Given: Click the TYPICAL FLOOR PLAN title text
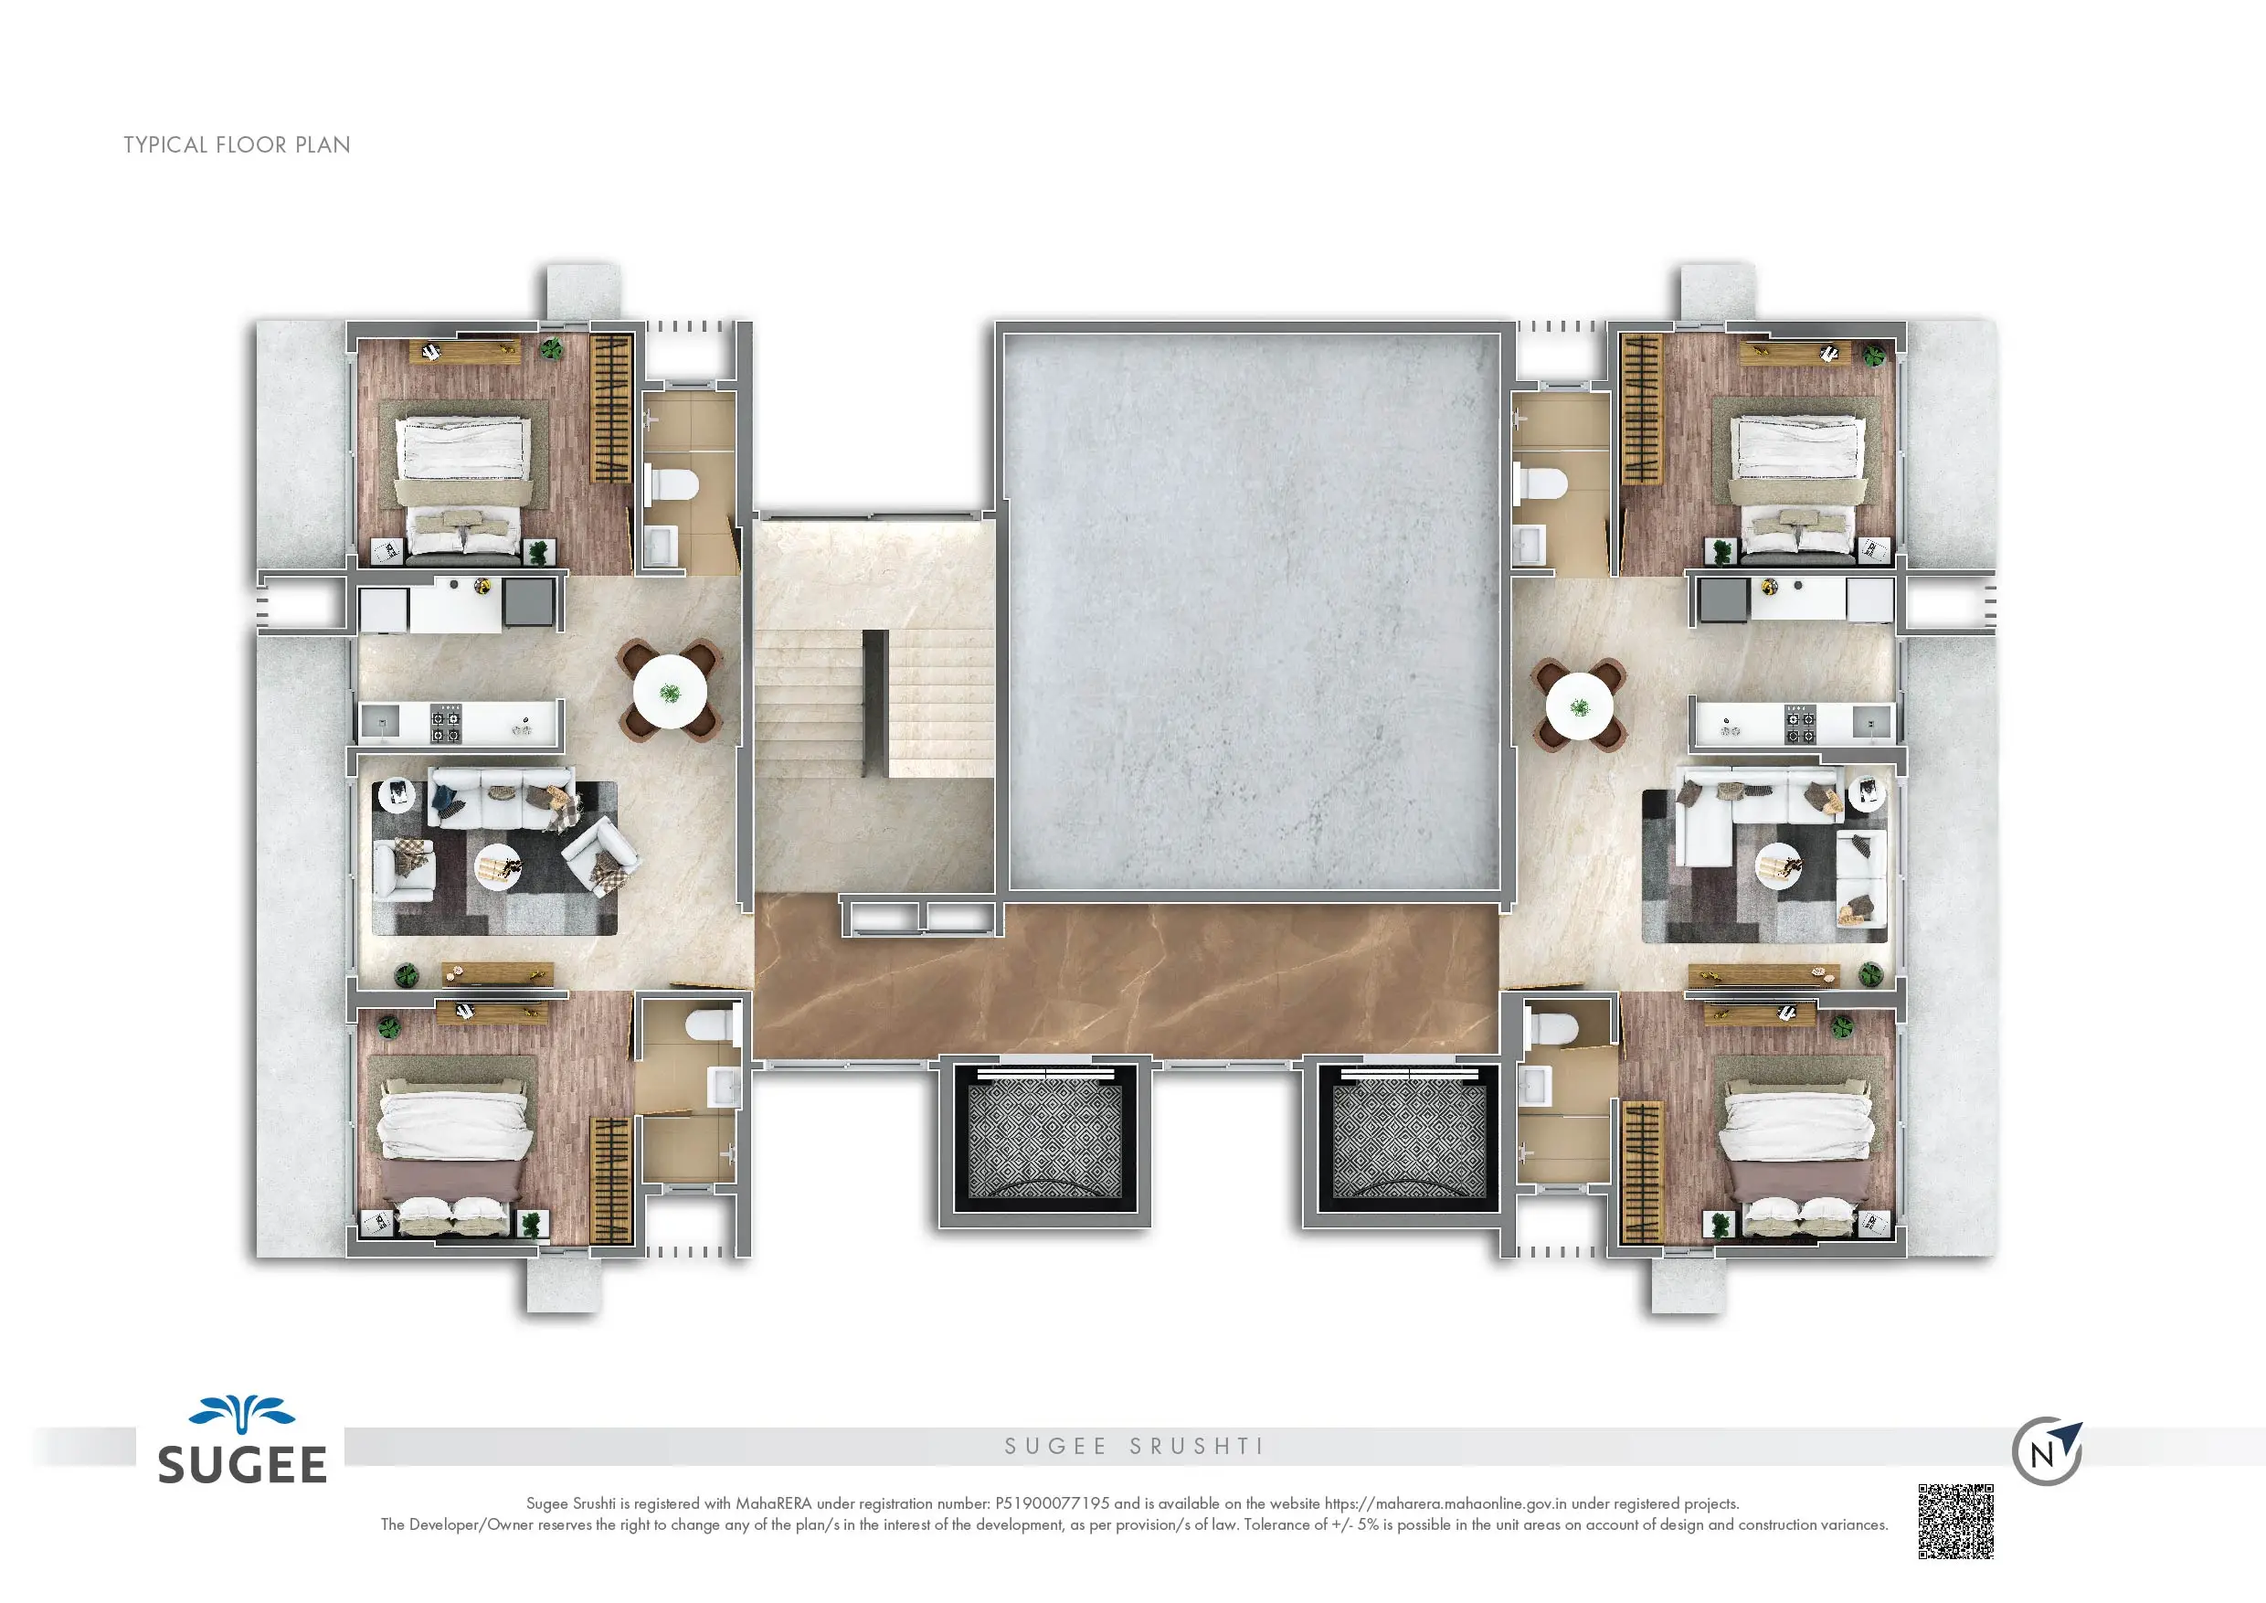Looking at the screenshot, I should tap(237, 145).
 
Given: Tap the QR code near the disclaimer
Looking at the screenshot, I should tap(1955, 1521).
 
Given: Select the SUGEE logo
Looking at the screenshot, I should tap(243, 1442).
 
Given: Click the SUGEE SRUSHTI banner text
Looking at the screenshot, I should tap(1134, 1447).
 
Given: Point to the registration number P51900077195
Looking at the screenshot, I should tap(1052, 1503).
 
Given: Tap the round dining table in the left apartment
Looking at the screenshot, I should tap(670, 691).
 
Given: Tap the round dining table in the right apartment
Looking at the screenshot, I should tap(1579, 706).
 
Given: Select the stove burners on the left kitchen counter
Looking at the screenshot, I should tap(445, 723).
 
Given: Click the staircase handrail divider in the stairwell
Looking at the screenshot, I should tap(874, 701).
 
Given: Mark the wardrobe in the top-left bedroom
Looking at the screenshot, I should tap(610, 408).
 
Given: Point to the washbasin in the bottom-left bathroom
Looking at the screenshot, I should tap(724, 1087).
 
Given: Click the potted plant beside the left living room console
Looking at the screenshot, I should tap(406, 976).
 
